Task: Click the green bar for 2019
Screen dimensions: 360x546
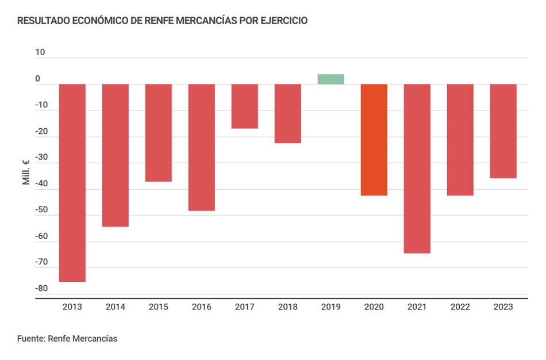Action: point(330,79)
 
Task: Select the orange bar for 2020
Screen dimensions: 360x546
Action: point(374,140)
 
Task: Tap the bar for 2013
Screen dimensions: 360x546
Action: point(72,183)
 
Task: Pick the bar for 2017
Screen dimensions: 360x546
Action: point(245,106)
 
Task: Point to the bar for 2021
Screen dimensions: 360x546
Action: point(417,168)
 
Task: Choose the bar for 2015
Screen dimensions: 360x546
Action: point(158,133)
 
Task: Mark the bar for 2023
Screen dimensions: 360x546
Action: point(503,131)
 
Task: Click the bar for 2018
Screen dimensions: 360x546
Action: point(287,113)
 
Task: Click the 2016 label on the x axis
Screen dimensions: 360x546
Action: point(201,307)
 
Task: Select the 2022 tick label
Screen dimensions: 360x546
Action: point(460,307)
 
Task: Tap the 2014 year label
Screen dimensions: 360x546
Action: point(115,307)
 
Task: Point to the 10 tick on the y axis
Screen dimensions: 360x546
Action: point(40,52)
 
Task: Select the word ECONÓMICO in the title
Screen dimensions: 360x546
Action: point(95,21)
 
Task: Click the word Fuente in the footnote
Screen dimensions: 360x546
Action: point(31,339)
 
